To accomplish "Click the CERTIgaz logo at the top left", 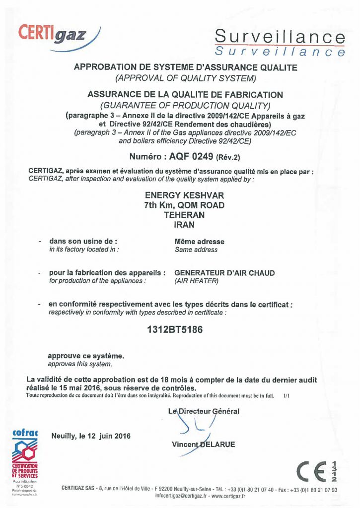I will click(x=59, y=35).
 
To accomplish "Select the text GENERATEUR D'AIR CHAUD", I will click(x=224, y=273).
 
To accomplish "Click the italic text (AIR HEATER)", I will click(x=197, y=281).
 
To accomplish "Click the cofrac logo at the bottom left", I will click(x=25, y=456).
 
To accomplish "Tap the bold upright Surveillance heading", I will click(x=281, y=37).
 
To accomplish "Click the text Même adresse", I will click(x=199, y=242).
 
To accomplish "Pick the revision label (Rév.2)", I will click(x=228, y=158).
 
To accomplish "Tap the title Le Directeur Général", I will click(x=204, y=411).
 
